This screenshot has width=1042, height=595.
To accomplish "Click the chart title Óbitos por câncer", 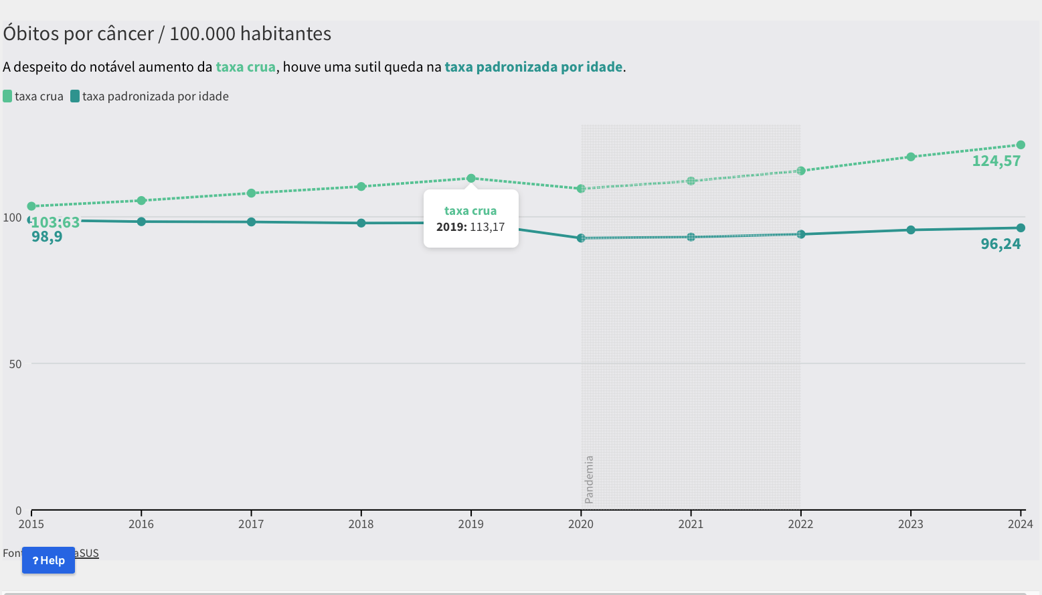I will pos(167,33).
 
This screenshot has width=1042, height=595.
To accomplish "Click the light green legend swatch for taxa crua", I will pos(7,96).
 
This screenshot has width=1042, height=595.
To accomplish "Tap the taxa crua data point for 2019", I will pos(471,179).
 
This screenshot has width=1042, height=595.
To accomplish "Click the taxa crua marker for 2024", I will pos(1021,145).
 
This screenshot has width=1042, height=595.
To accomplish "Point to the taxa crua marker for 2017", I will pos(252,193).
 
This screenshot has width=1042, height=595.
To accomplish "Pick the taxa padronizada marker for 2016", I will pos(141,222).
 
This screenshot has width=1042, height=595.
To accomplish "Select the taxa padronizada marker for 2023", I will pos(911,230).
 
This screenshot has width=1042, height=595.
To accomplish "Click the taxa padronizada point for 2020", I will pos(581,238).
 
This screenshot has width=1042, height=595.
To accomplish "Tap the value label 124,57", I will pos(996,161).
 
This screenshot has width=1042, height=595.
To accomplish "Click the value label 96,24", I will pos(1001,244).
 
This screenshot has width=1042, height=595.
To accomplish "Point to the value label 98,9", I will pos(47,237).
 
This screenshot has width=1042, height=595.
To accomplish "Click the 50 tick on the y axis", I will pos(15,364).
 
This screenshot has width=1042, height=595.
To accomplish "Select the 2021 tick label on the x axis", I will pos(691,524).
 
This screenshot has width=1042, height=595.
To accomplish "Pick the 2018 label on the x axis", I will pos(361,524).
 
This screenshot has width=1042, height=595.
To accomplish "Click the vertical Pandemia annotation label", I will pos(589,479).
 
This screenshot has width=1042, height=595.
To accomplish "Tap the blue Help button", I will pos(48,560).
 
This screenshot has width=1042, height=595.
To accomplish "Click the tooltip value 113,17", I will pos(487,227).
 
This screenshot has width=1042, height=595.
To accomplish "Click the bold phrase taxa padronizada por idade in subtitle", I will pos(533,67).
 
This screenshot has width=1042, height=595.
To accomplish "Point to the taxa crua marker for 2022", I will pos(800,171).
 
